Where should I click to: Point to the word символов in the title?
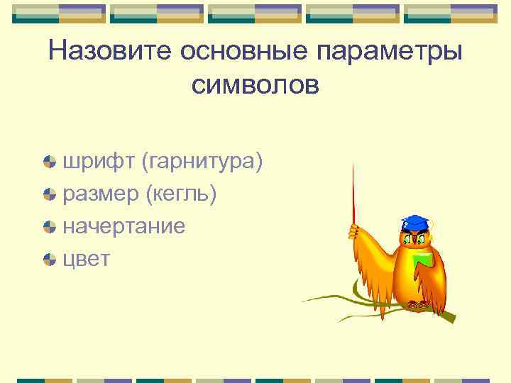click(255, 85)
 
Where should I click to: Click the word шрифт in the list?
click(99, 162)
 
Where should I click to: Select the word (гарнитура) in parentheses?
click(202, 162)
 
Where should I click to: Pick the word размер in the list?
click(101, 194)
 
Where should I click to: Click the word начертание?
click(124, 226)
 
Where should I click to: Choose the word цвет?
click(87, 259)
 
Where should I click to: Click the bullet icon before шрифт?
click(49, 162)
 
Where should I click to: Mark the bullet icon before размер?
click(49, 194)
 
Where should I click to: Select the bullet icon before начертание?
click(49, 227)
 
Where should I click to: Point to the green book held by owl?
click(423, 259)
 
